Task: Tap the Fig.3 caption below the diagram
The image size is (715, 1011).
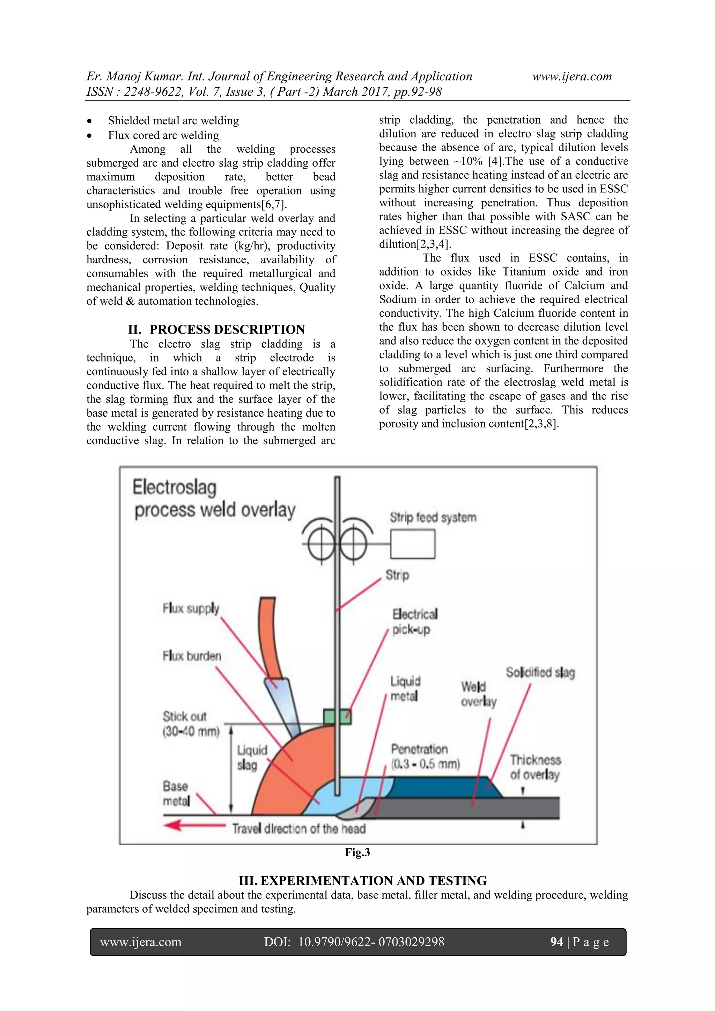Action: point(357,852)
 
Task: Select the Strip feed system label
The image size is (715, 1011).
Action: point(433,517)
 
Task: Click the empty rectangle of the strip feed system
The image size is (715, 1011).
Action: point(413,544)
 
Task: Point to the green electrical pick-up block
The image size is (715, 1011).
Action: point(337,716)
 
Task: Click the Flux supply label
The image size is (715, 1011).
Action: point(191,609)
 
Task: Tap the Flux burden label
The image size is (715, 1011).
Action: point(192,656)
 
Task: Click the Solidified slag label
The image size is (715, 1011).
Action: point(540,672)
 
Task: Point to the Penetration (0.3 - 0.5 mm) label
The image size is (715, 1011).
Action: point(425,756)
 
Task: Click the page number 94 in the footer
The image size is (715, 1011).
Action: point(556,942)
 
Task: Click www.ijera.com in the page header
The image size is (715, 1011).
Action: point(572,76)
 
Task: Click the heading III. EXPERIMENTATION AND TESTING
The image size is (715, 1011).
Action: point(362,881)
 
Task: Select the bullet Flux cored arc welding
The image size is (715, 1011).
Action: point(163,135)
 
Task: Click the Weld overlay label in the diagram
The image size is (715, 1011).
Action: point(478,694)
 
